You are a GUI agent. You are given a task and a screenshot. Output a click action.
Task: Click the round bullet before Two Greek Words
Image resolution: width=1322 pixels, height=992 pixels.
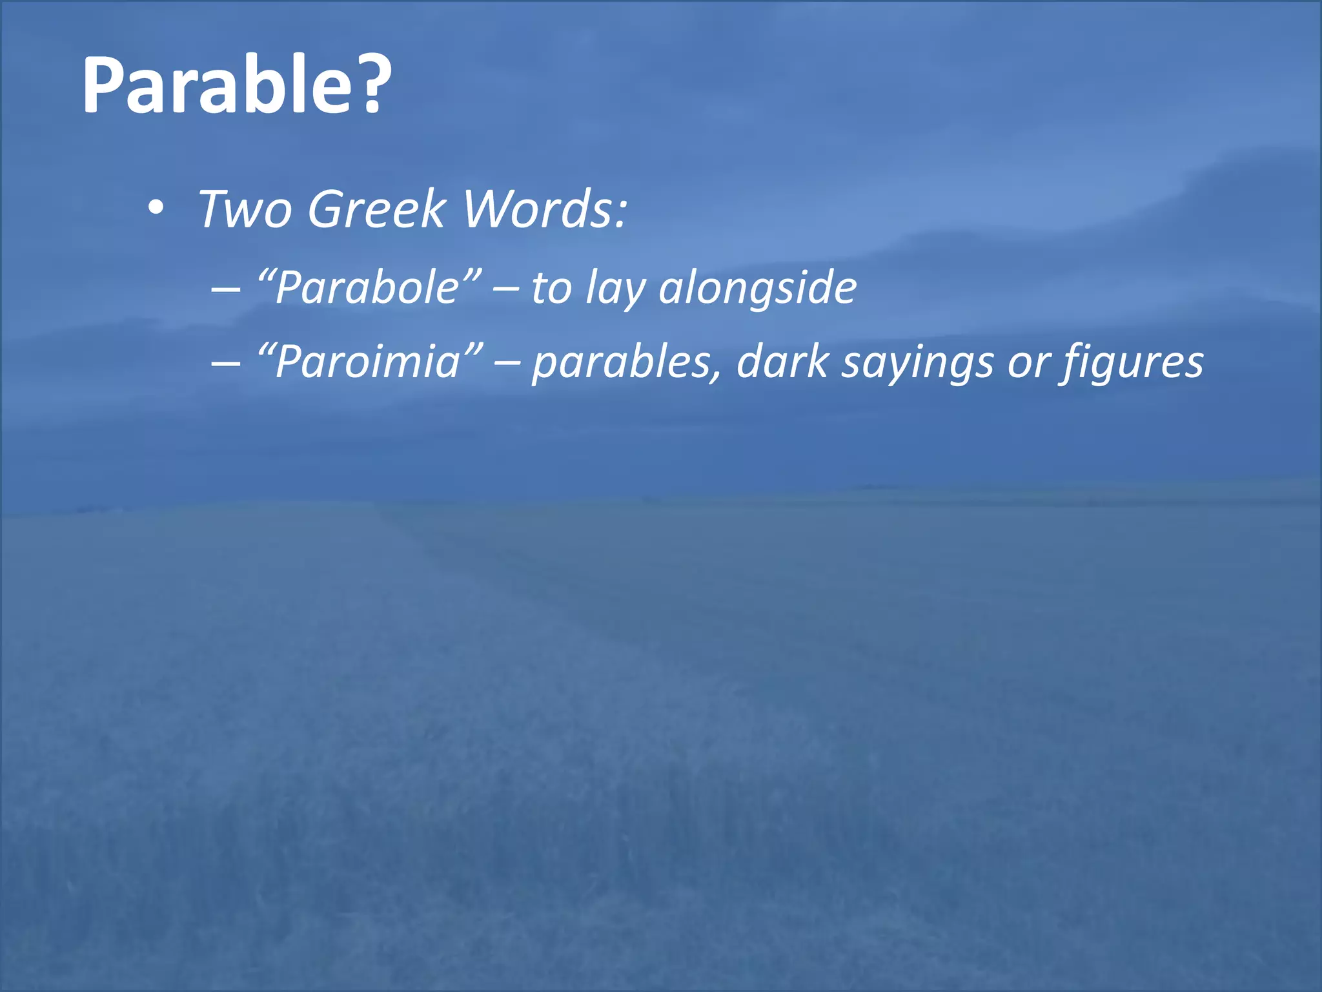156,208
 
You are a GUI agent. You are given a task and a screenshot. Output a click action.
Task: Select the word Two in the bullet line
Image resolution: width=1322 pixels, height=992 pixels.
245,209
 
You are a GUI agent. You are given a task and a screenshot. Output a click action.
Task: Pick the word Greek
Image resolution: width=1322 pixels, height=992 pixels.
376,209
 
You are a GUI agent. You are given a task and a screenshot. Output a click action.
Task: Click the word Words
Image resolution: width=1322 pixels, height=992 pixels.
536,209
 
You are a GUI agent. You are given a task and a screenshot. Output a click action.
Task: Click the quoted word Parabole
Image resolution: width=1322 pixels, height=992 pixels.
368,287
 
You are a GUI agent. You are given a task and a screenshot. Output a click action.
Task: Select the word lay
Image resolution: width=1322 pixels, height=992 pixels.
615,288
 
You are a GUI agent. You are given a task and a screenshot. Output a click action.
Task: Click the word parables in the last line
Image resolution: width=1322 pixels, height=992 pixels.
625,362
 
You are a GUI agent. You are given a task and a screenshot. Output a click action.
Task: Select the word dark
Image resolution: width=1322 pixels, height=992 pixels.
782,361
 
